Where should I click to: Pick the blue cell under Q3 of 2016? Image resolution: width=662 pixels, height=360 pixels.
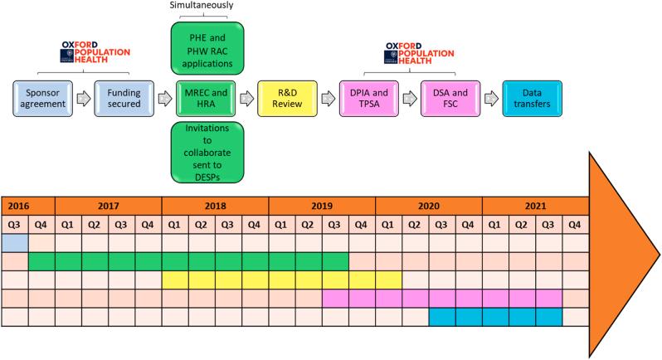[15, 242]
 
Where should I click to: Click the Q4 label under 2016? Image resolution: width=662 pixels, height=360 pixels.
[41, 224]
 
